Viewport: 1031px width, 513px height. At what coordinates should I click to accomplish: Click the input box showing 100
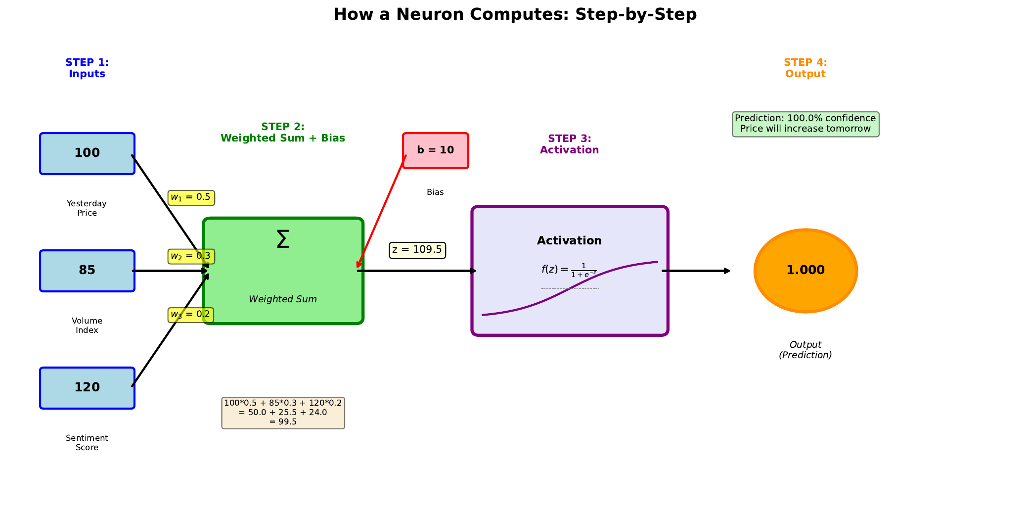[87, 153]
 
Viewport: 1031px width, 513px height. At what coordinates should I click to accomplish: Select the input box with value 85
[87, 271]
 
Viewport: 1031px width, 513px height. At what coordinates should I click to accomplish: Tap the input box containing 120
[87, 388]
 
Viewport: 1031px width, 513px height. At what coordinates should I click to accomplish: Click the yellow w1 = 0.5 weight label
[191, 197]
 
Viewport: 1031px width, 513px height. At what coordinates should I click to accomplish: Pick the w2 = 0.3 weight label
[191, 256]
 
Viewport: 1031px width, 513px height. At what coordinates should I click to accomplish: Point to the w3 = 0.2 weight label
[190, 315]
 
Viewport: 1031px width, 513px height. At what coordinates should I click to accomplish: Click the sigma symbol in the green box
[283, 239]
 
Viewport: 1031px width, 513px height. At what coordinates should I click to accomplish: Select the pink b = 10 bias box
[435, 150]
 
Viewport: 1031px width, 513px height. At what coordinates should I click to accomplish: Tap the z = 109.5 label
[417, 250]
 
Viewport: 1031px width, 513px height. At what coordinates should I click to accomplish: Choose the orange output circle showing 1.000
[806, 271]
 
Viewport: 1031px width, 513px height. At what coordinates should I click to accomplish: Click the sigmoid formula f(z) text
[569, 270]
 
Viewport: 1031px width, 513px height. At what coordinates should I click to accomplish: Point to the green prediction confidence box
[805, 124]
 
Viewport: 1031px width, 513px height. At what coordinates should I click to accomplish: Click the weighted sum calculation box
[283, 413]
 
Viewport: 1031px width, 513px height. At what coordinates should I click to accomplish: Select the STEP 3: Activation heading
[569, 144]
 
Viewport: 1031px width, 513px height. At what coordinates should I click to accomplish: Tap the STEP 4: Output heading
[805, 68]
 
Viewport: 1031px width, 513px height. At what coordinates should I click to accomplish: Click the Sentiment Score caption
[87, 443]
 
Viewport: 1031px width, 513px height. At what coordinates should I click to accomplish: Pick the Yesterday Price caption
[87, 208]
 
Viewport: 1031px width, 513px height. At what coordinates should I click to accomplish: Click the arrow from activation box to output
[696, 271]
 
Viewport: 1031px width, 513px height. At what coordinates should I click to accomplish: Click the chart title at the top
[515, 14]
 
